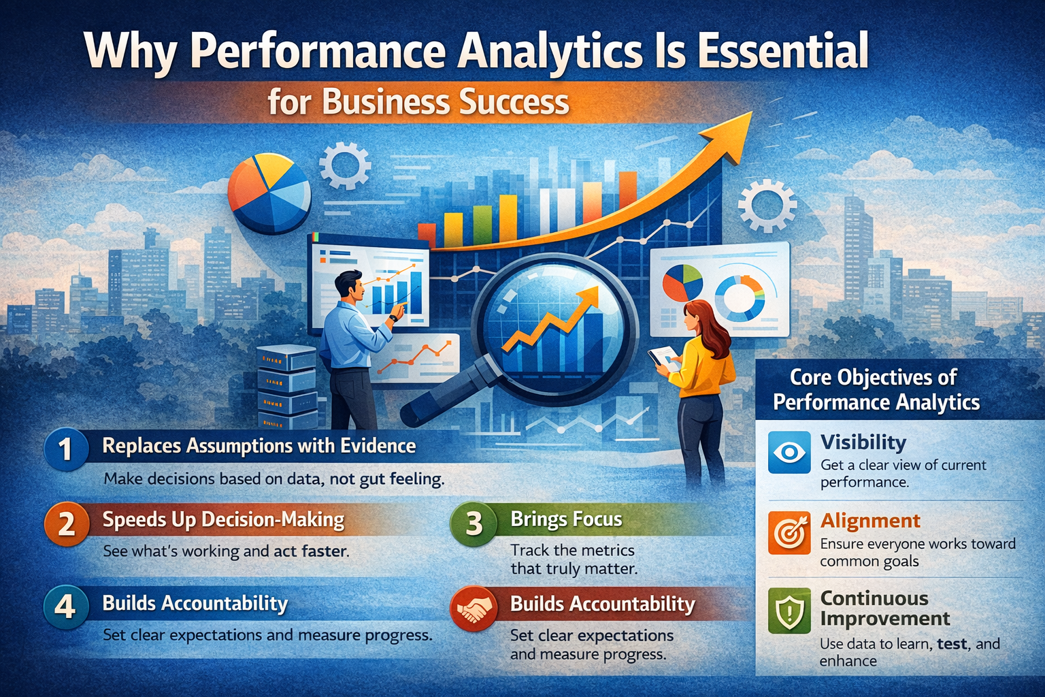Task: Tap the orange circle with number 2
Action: pyautogui.click(x=67, y=523)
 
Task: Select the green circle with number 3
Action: pyautogui.click(x=474, y=523)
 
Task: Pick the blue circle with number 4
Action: pyautogui.click(x=65, y=605)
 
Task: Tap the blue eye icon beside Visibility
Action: pyautogui.click(x=789, y=452)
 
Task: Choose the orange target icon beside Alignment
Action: pyautogui.click(x=789, y=532)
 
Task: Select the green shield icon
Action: pyautogui.click(x=789, y=611)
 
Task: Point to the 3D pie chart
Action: pyautogui.click(x=269, y=193)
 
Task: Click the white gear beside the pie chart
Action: pyautogui.click(x=345, y=165)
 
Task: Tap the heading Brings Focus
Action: pyautogui.click(x=566, y=519)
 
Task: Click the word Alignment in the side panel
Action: pyautogui.click(x=870, y=521)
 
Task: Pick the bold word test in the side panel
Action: pyautogui.click(x=952, y=643)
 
